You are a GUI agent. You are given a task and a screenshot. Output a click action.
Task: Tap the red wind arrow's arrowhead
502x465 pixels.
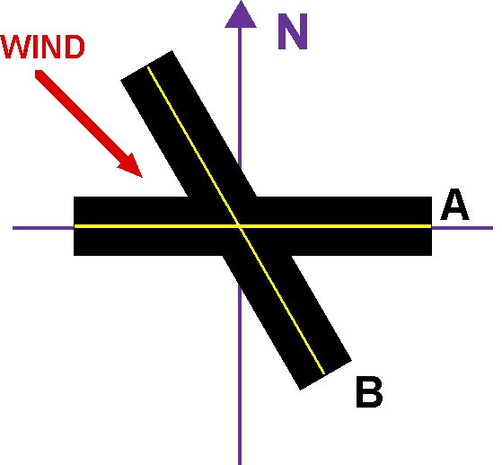pyautogui.click(x=131, y=164)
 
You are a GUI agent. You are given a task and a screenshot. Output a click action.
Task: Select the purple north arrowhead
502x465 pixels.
pyautogui.click(x=240, y=13)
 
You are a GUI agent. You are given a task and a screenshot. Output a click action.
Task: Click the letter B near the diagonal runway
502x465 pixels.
pyautogui.click(x=369, y=393)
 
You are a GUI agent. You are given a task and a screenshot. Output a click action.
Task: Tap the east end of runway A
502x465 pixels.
pyautogui.click(x=429, y=226)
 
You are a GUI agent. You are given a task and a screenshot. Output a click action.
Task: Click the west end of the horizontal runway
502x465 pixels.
pyautogui.click(x=76, y=226)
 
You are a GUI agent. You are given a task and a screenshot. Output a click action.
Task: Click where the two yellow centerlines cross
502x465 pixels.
pyautogui.click(x=239, y=226)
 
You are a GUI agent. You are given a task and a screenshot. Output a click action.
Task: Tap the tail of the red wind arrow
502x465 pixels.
pyautogui.click(x=40, y=75)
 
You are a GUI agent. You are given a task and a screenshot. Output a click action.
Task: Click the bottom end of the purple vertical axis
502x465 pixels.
pyautogui.click(x=240, y=461)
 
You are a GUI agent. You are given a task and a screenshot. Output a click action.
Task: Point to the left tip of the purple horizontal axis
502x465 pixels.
pyautogui.click(x=15, y=227)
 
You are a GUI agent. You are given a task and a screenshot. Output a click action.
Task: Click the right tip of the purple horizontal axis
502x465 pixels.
pyautogui.click(x=490, y=227)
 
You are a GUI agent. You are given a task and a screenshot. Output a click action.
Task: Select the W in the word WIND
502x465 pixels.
pyautogui.click(x=21, y=48)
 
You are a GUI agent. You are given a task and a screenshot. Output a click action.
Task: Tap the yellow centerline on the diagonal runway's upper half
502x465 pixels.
pyautogui.click(x=193, y=144)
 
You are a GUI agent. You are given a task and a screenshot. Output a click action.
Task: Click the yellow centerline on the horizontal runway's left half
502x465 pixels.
pyautogui.click(x=153, y=226)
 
